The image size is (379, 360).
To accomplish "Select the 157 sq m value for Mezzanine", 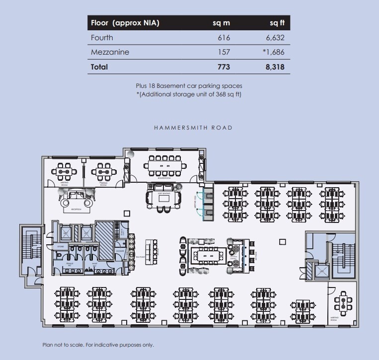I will [224, 52].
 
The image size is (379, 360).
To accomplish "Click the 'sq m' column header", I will [221, 23].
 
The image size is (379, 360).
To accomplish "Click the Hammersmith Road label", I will [193, 128].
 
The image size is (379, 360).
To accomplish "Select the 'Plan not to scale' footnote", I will [98, 345].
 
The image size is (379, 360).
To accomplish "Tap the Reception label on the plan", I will [76, 210].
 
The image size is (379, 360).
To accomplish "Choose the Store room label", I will [61, 246].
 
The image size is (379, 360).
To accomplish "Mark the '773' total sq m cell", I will [224, 67].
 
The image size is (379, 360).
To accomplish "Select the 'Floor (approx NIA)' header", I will [125, 23].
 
